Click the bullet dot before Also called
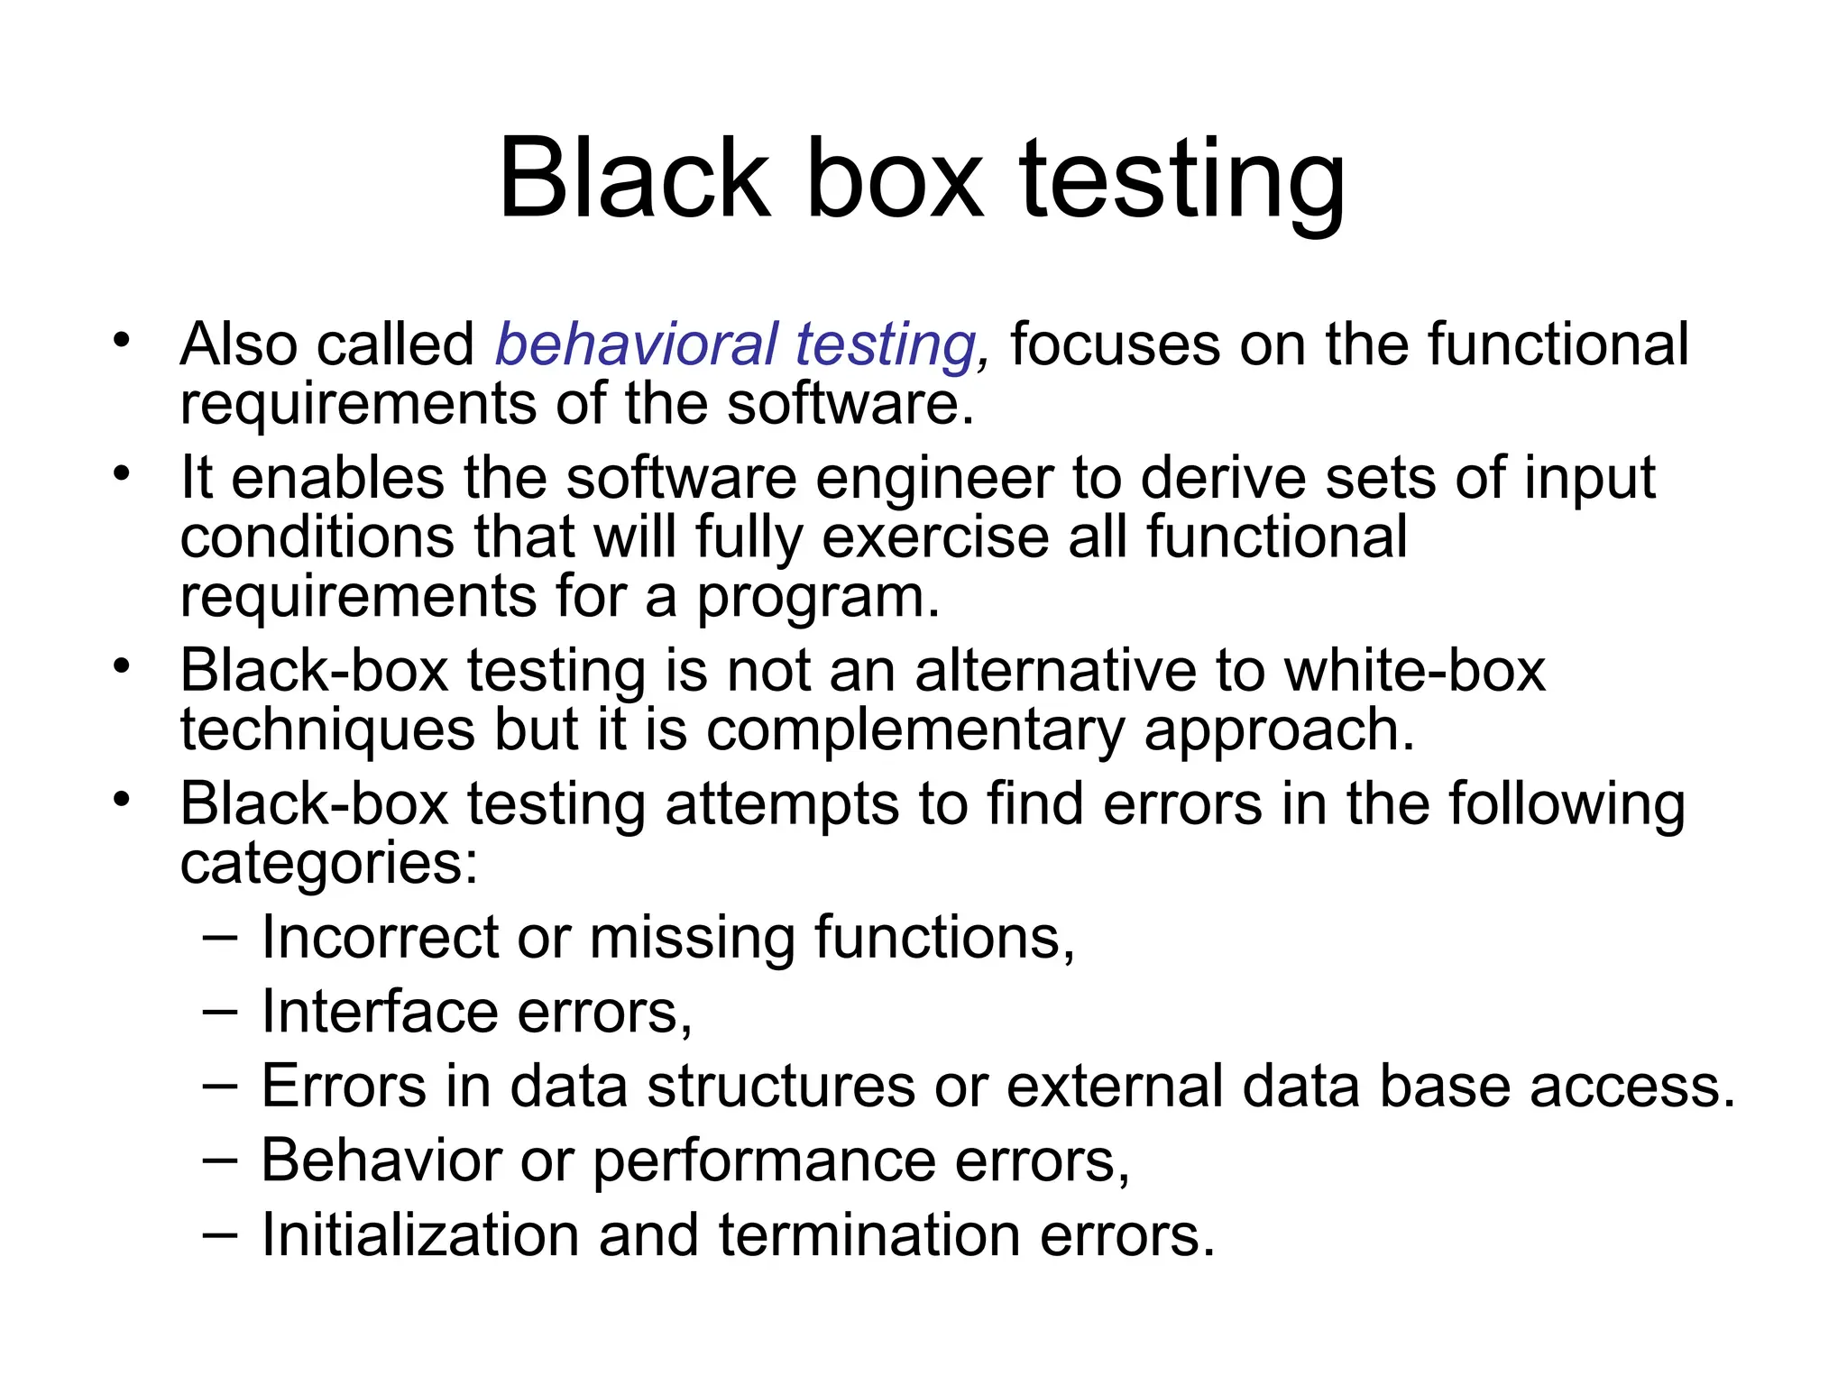122,341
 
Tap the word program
817,597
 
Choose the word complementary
914,729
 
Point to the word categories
328,863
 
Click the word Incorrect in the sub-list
380,937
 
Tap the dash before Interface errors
220,1011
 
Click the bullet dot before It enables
122,473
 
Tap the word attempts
782,803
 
